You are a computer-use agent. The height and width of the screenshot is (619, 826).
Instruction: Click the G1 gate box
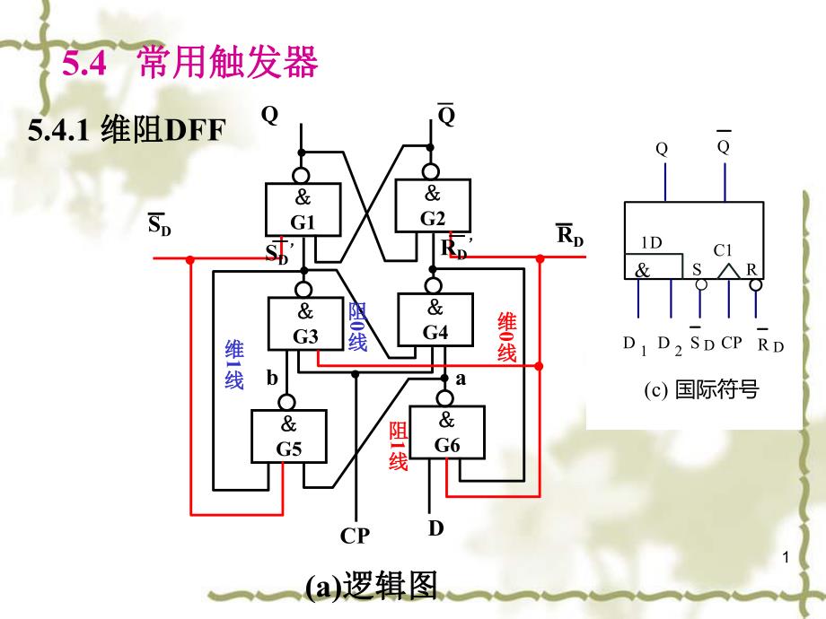[x=303, y=210]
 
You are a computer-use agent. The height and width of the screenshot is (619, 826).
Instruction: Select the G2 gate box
[x=433, y=205]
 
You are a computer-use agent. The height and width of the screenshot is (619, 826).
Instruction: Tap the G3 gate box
[x=305, y=324]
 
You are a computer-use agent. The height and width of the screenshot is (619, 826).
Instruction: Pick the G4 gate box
[x=435, y=320]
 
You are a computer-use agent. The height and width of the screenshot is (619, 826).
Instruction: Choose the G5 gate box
[x=288, y=436]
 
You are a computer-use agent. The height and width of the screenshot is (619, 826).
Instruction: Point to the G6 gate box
[x=446, y=432]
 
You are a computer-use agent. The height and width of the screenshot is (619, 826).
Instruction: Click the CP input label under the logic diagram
[x=355, y=536]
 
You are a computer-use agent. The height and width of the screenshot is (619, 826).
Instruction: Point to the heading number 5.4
[x=84, y=64]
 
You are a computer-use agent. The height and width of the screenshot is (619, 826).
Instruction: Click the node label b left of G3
[x=272, y=378]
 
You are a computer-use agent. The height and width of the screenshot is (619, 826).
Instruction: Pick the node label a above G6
[x=461, y=379]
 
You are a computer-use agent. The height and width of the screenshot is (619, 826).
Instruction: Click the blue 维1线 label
[x=234, y=364]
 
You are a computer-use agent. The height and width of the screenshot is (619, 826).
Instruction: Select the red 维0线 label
[x=507, y=337]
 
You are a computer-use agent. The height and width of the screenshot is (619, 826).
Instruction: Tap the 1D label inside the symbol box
[x=652, y=242]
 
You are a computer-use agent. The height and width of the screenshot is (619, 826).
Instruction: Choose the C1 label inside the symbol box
[x=724, y=251]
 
